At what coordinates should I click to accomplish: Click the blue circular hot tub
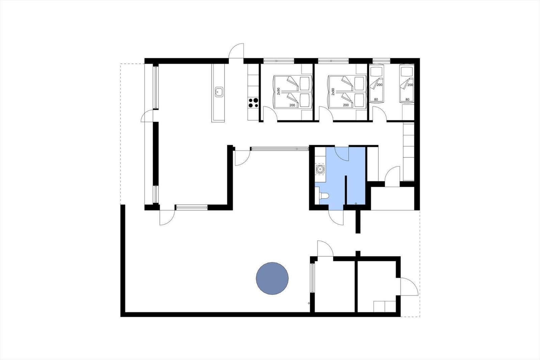272,279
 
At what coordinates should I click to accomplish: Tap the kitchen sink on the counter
219,92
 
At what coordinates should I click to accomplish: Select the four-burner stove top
253,103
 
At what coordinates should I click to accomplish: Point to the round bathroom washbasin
320,169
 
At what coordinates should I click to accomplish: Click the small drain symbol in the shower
356,204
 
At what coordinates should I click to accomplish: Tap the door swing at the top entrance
236,51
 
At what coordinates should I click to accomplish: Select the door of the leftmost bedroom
270,113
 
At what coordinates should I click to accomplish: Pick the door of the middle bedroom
326,113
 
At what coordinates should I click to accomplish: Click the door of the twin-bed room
379,113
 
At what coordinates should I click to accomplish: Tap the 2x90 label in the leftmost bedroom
278,91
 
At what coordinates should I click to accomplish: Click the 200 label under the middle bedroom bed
346,105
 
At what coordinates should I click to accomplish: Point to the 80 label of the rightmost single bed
407,99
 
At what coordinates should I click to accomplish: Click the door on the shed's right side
409,286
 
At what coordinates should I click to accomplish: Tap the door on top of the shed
325,249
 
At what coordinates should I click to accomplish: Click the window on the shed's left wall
312,278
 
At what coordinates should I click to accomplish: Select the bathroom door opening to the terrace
336,217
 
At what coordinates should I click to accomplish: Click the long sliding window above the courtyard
280,149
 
